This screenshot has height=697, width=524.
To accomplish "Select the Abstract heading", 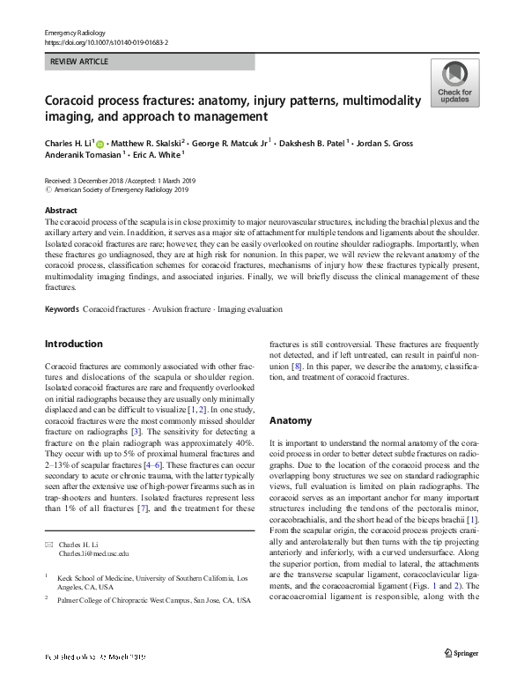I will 61,211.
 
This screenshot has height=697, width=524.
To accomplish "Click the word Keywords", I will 62,310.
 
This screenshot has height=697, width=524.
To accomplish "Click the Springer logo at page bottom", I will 462,676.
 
